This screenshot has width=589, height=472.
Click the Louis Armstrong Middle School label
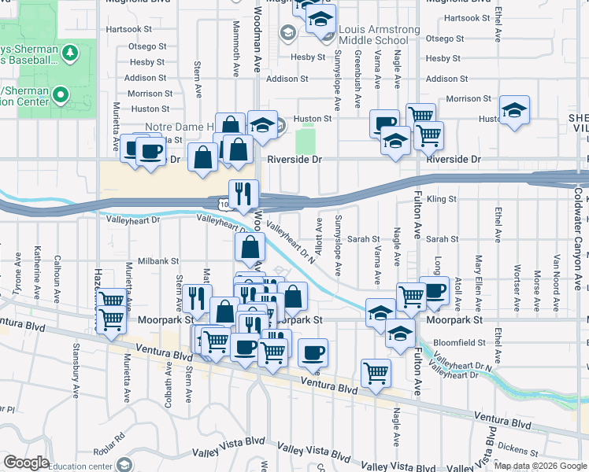[x=380, y=35]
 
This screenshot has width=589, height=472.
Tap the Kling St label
[x=441, y=200]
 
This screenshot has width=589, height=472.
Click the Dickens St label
[x=518, y=449]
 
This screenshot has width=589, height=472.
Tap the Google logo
[x=26, y=463]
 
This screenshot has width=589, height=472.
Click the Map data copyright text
[x=539, y=466]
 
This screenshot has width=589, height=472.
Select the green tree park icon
[x=72, y=53]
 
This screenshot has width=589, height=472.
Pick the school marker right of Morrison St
[x=514, y=109]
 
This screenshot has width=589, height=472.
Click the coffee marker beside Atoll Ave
[x=434, y=290]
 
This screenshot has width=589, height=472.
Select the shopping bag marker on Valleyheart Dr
[x=250, y=247]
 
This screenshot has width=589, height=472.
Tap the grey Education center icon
[x=122, y=464]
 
